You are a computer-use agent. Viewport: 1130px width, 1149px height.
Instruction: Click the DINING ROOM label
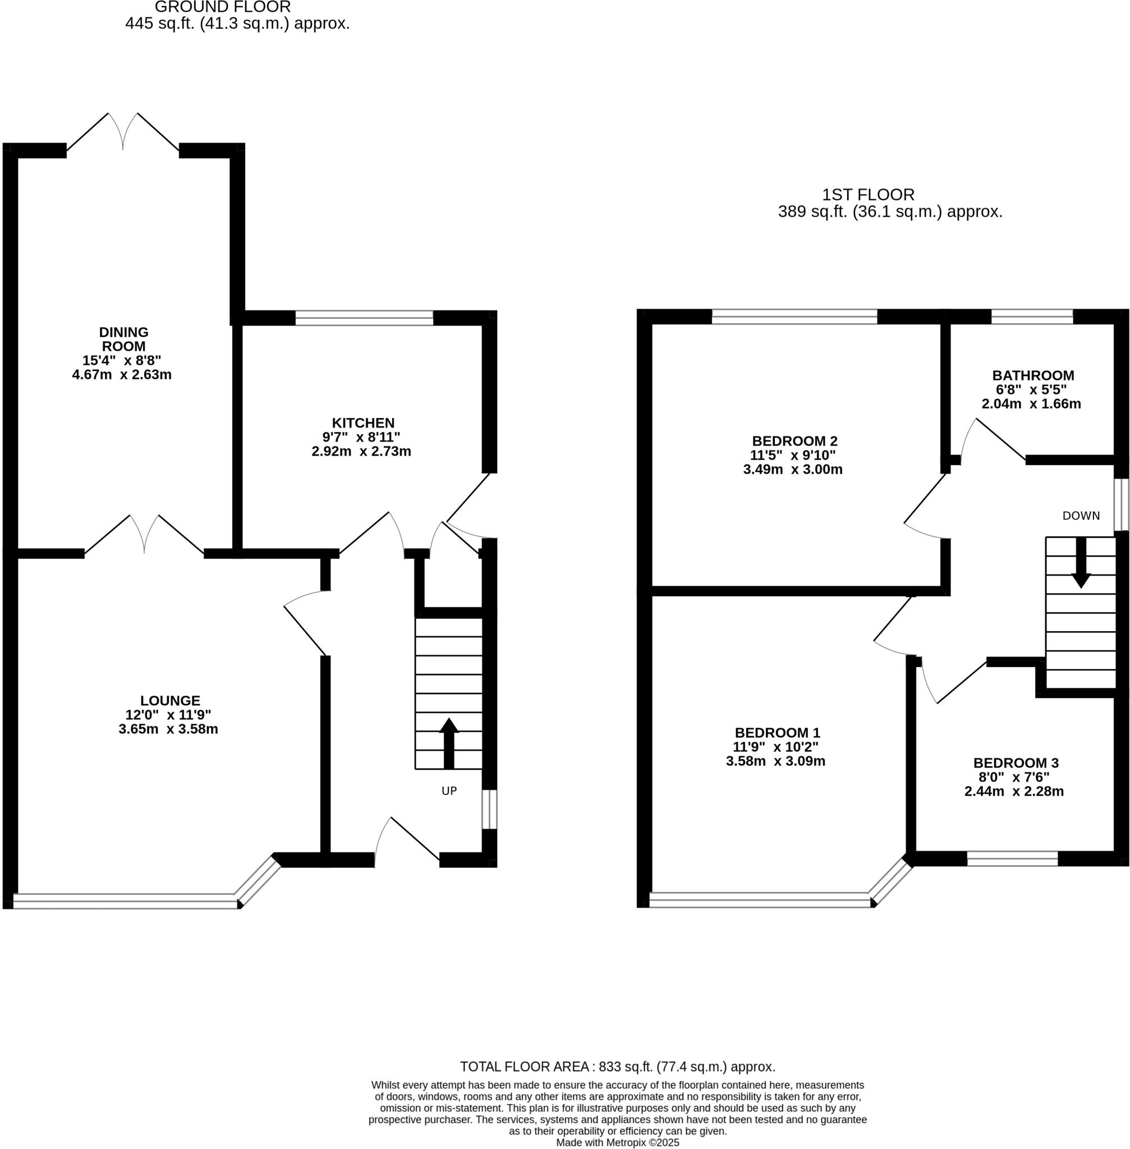click(x=123, y=339)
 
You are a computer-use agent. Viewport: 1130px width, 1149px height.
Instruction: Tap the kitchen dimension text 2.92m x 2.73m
click(x=361, y=451)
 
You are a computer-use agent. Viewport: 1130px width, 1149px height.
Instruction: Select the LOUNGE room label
click(x=171, y=700)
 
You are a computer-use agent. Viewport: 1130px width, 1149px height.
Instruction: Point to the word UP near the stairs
click(x=449, y=790)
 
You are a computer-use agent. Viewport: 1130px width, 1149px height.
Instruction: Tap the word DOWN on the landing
click(x=1081, y=516)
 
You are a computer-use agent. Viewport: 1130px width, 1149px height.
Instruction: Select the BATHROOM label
click(x=1033, y=375)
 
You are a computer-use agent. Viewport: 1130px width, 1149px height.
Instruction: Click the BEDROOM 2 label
click(x=794, y=441)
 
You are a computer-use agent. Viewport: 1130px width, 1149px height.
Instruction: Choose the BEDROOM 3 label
click(x=1016, y=762)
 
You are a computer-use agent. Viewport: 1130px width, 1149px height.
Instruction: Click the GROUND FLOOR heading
click(x=223, y=8)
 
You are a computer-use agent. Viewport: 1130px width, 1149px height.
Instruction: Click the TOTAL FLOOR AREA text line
click(x=617, y=1067)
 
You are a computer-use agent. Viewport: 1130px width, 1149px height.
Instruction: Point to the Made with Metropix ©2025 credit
click(x=617, y=1142)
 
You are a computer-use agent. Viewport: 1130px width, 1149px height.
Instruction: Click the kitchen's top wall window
click(x=364, y=318)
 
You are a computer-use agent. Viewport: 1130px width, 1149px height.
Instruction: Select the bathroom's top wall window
click(x=1032, y=316)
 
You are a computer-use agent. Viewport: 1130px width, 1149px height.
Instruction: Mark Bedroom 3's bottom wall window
click(x=1013, y=858)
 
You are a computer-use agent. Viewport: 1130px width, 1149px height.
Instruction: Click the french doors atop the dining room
click(x=123, y=134)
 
